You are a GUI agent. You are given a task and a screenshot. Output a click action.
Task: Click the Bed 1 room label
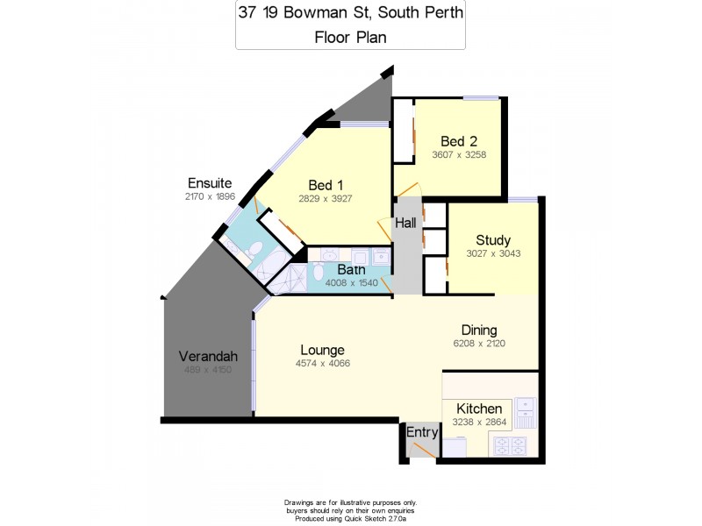tap(326, 184)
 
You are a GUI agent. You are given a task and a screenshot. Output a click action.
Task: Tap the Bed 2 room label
tap(458, 141)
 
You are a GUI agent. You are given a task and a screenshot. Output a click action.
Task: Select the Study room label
tap(493, 240)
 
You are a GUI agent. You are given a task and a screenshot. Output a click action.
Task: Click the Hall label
tap(405, 224)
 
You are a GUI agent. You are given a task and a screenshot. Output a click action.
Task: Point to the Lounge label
tap(322, 350)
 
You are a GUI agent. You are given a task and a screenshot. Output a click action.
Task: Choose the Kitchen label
tap(478, 409)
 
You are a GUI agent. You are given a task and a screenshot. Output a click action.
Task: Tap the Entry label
tap(421, 431)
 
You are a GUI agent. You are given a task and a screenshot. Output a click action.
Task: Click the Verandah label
tap(208, 357)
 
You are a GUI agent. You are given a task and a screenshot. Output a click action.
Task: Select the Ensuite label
tap(209, 183)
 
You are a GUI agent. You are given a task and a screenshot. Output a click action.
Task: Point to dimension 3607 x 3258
tap(459, 155)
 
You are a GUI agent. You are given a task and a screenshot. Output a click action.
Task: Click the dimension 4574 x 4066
tap(322, 363)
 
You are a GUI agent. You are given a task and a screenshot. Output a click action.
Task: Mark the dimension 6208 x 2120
tap(479, 344)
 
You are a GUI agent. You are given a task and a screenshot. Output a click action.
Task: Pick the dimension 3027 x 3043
tap(493, 254)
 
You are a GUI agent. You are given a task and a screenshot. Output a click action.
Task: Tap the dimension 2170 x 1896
tap(209, 197)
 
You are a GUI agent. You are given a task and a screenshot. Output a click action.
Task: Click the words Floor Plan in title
tap(350, 37)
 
